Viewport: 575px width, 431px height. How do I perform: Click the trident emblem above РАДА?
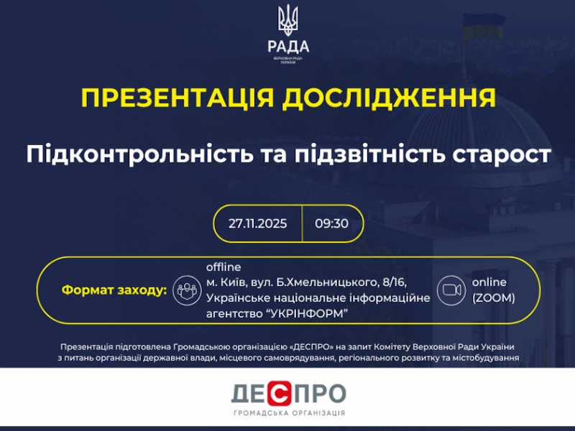(x=287, y=21)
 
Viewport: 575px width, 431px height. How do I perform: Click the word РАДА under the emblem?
(x=287, y=47)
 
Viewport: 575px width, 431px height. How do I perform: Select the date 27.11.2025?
(x=258, y=223)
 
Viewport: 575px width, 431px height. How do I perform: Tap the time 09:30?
(x=331, y=223)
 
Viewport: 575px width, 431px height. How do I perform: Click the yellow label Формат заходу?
(x=114, y=290)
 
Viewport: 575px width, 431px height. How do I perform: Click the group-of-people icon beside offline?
(x=187, y=290)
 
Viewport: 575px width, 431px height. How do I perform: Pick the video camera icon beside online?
(x=451, y=290)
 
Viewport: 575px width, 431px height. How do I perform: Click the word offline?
(x=224, y=267)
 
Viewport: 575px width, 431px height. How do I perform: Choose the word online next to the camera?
(x=489, y=282)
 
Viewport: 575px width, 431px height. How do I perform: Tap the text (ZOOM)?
(x=493, y=297)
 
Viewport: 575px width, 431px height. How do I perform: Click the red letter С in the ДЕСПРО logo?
(x=281, y=394)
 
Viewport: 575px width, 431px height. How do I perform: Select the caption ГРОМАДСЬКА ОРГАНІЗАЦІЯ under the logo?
(x=289, y=413)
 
